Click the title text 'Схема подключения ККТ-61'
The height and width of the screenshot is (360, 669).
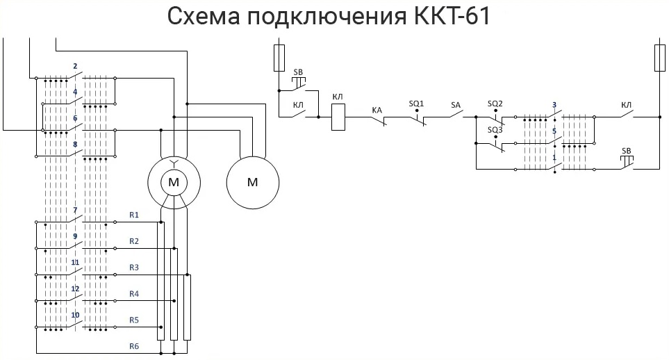329,16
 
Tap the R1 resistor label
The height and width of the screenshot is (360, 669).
134,215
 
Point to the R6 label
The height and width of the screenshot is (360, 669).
134,346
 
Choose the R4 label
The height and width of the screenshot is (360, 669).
134,294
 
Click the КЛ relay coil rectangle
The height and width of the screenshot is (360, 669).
338,117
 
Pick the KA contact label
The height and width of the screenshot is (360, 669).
377,111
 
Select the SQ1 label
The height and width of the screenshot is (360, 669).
416,104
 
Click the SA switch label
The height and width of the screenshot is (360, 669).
456,105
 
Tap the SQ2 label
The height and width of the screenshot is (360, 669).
495,104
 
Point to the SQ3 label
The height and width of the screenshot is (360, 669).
495,130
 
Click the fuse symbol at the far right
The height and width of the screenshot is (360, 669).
659,58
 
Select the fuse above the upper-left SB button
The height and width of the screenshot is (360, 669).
279,58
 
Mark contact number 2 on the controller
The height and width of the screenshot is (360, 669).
75,66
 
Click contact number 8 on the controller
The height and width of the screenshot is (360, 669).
75,145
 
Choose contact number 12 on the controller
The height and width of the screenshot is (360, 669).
75,289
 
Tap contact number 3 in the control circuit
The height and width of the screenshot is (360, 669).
554,105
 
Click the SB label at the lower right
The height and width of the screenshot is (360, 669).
626,152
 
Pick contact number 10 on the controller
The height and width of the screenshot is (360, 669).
75,315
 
